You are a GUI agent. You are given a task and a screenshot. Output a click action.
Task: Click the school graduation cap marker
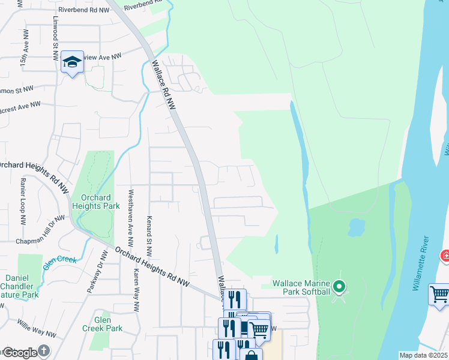72,62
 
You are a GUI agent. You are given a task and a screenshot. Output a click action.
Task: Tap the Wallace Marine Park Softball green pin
339,287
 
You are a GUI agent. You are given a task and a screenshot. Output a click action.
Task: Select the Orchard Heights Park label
91,202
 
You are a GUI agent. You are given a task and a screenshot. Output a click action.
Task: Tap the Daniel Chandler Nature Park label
22,286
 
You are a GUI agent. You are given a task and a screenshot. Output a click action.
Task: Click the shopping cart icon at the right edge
439,295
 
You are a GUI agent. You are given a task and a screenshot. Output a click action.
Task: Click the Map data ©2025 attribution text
423,355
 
